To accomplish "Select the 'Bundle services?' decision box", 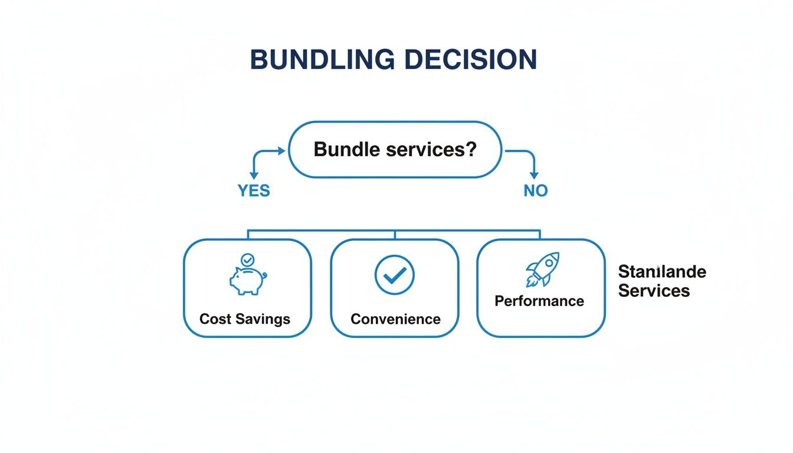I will (395, 149).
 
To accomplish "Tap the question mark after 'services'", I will (470, 149).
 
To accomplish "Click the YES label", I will (254, 191).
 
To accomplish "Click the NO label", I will (535, 191).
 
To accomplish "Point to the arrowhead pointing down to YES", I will (254, 175).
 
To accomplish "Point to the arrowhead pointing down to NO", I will (534, 175).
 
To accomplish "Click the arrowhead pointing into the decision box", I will (282, 151).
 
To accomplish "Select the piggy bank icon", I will (246, 280).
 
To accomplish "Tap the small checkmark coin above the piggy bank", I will (247, 259).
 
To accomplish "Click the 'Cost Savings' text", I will (245, 319).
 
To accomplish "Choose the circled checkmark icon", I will (395, 274).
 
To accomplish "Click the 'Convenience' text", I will (395, 319).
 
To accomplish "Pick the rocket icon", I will (542, 269).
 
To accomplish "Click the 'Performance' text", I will (539, 301).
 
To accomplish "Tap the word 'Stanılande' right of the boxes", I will (662, 272).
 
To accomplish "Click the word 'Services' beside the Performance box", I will (654, 291).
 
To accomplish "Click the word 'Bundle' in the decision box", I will (346, 149).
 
